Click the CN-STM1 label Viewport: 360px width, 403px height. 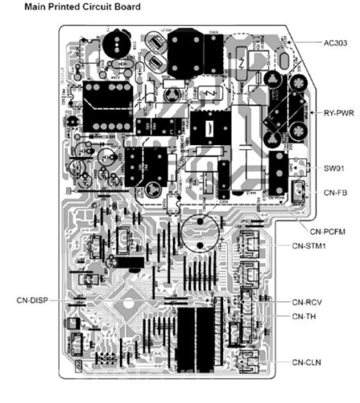312,245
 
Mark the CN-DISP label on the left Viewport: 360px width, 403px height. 31,300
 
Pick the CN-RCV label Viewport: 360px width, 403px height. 310,301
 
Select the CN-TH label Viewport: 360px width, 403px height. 306,316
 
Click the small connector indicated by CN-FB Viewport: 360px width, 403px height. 296,193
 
